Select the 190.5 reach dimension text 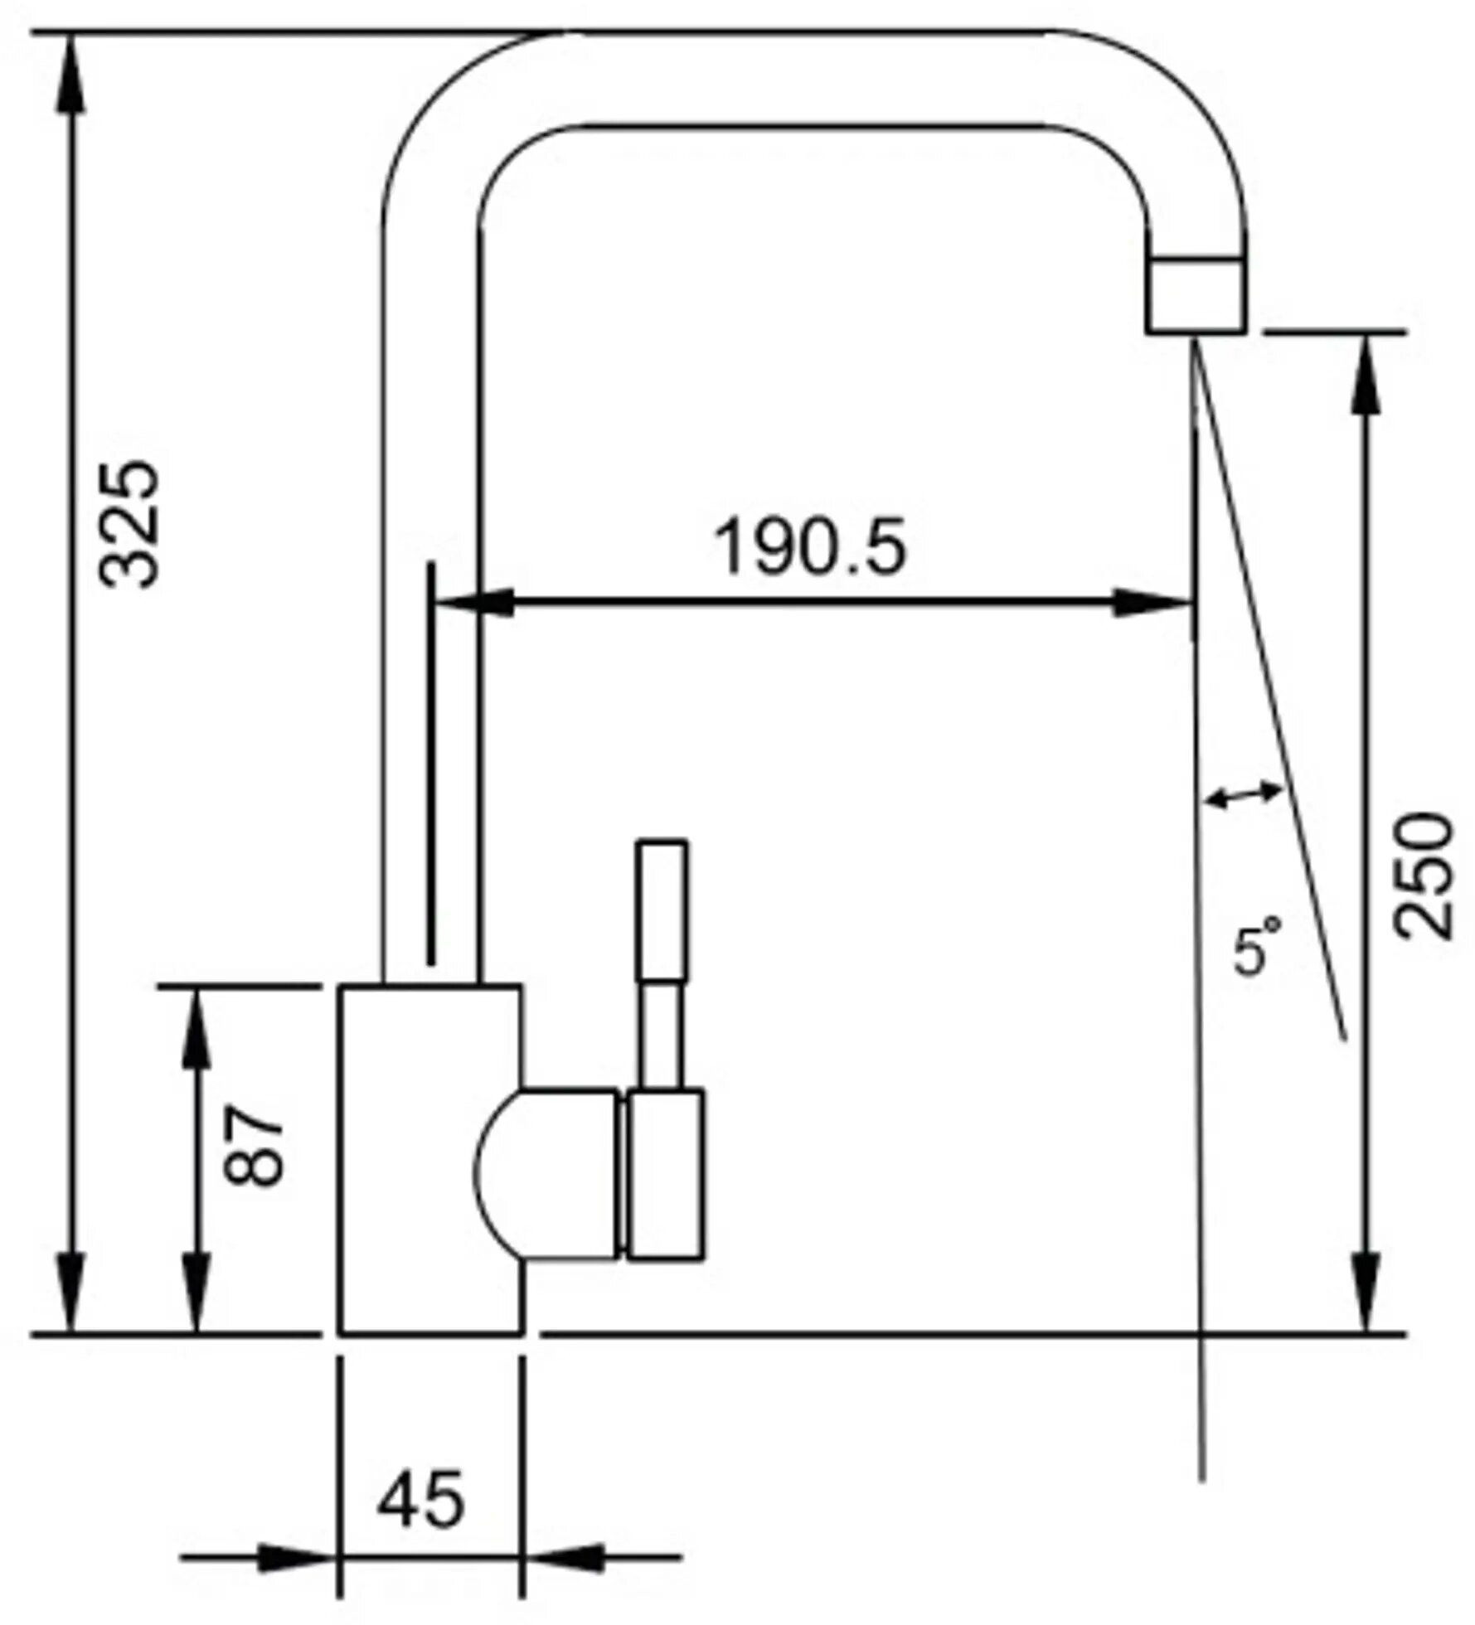click(810, 547)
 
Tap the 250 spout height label click(1424, 876)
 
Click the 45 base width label click(420, 1499)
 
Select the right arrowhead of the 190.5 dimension click(1148, 604)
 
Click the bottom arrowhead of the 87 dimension click(197, 1310)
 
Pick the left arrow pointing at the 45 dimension click(290, 1557)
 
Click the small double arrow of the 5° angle click(1244, 796)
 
